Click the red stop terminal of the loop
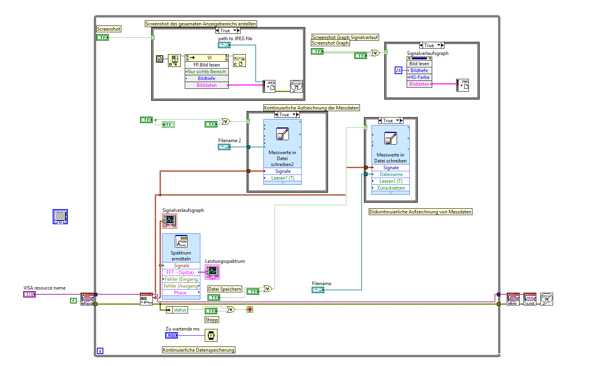point(250,309)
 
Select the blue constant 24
point(398,70)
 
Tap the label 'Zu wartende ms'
point(182,329)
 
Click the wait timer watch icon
point(211,335)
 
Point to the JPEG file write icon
point(269,86)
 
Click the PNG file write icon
point(463,85)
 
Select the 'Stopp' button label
point(211,320)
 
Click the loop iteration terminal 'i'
point(100,351)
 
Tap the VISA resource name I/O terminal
point(30,294)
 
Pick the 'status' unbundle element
point(180,310)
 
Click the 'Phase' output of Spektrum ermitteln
point(180,293)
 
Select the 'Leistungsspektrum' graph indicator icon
point(212,272)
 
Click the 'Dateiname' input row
point(391,174)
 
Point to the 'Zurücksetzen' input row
point(391,188)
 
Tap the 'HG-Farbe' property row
point(419,77)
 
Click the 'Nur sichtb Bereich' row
point(206,72)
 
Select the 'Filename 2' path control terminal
point(224,147)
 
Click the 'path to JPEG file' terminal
point(224,45)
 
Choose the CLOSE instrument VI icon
point(530,299)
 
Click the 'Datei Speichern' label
point(225,289)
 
